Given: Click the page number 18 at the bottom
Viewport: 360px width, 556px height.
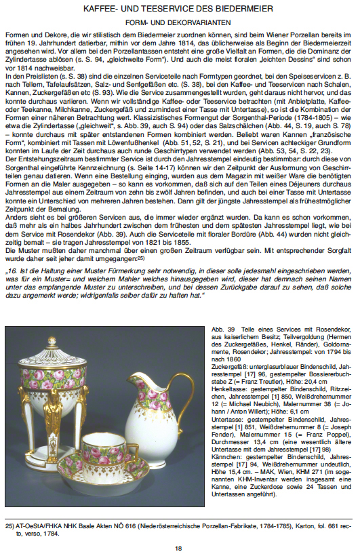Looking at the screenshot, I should [180, 548].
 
